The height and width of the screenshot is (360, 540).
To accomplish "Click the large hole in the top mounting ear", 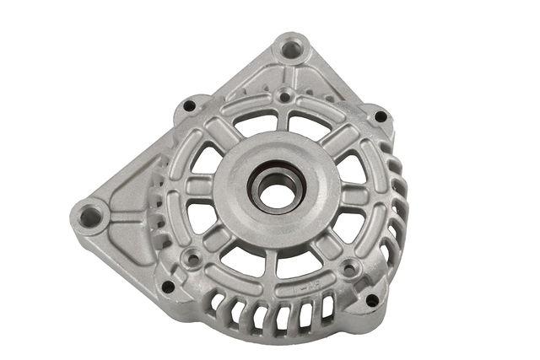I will click(292, 49).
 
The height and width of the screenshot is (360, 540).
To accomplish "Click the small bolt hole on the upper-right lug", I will click(381, 116).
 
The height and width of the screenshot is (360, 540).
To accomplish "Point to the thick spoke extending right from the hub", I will click(354, 196).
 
